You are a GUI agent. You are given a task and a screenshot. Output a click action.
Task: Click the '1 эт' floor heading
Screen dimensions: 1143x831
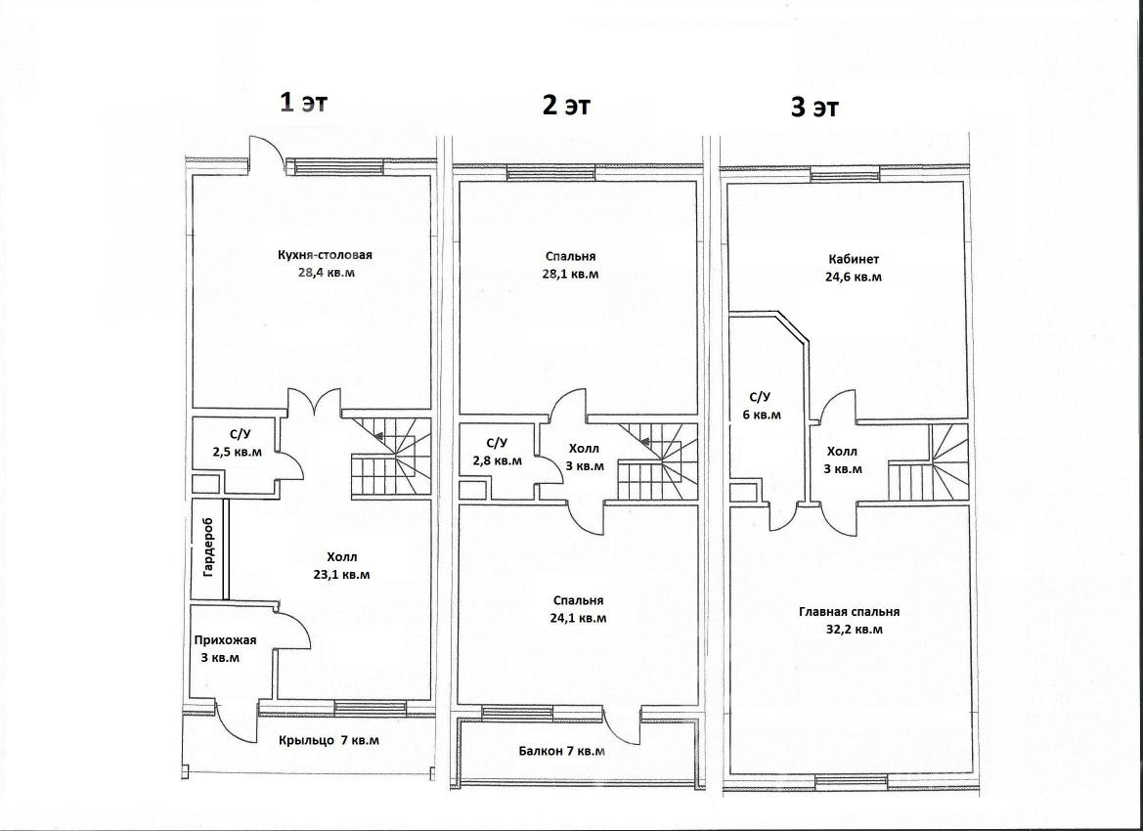[305, 103]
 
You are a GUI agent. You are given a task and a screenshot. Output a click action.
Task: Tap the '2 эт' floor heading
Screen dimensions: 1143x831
[566, 105]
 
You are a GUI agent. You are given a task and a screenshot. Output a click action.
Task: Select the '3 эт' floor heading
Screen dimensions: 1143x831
[815, 108]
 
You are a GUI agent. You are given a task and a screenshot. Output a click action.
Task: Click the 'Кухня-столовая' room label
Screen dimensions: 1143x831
[326, 255]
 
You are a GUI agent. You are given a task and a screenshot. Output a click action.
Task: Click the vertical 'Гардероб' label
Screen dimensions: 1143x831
[209, 547]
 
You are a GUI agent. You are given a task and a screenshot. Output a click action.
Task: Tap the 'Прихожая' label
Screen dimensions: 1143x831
[225, 640]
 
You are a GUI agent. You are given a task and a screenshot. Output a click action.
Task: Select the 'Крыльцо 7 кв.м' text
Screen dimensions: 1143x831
[329, 741]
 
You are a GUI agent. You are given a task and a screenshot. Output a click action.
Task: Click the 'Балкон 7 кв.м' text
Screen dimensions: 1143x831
[562, 751]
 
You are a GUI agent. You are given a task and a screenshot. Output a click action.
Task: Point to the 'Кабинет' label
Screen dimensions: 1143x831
[854, 259]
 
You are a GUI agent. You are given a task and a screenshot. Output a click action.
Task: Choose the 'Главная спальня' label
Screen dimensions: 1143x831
[850, 612]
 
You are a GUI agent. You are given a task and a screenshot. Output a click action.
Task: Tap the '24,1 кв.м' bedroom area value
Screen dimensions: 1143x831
[578, 618]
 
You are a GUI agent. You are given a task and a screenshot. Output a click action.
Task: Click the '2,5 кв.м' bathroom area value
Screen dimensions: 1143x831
[237, 452]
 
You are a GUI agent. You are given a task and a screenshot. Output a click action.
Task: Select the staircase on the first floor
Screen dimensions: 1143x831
[391, 458]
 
